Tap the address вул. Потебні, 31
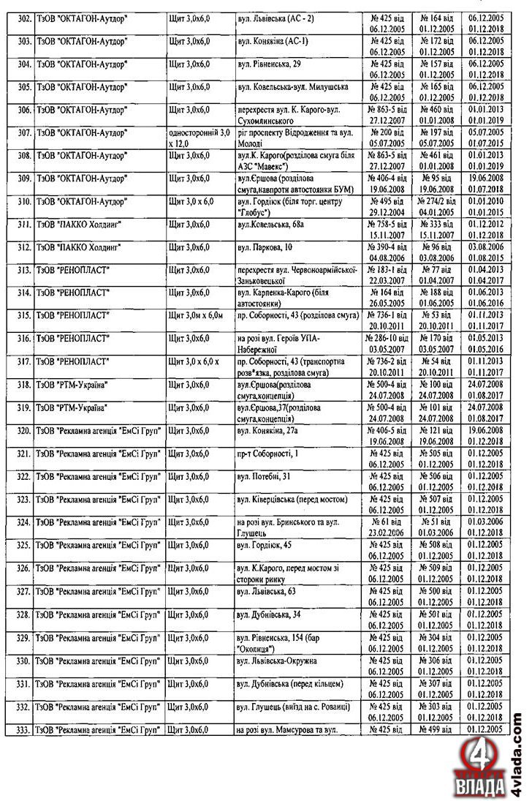[x=263, y=476]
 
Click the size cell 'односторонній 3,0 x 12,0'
[x=199, y=137]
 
